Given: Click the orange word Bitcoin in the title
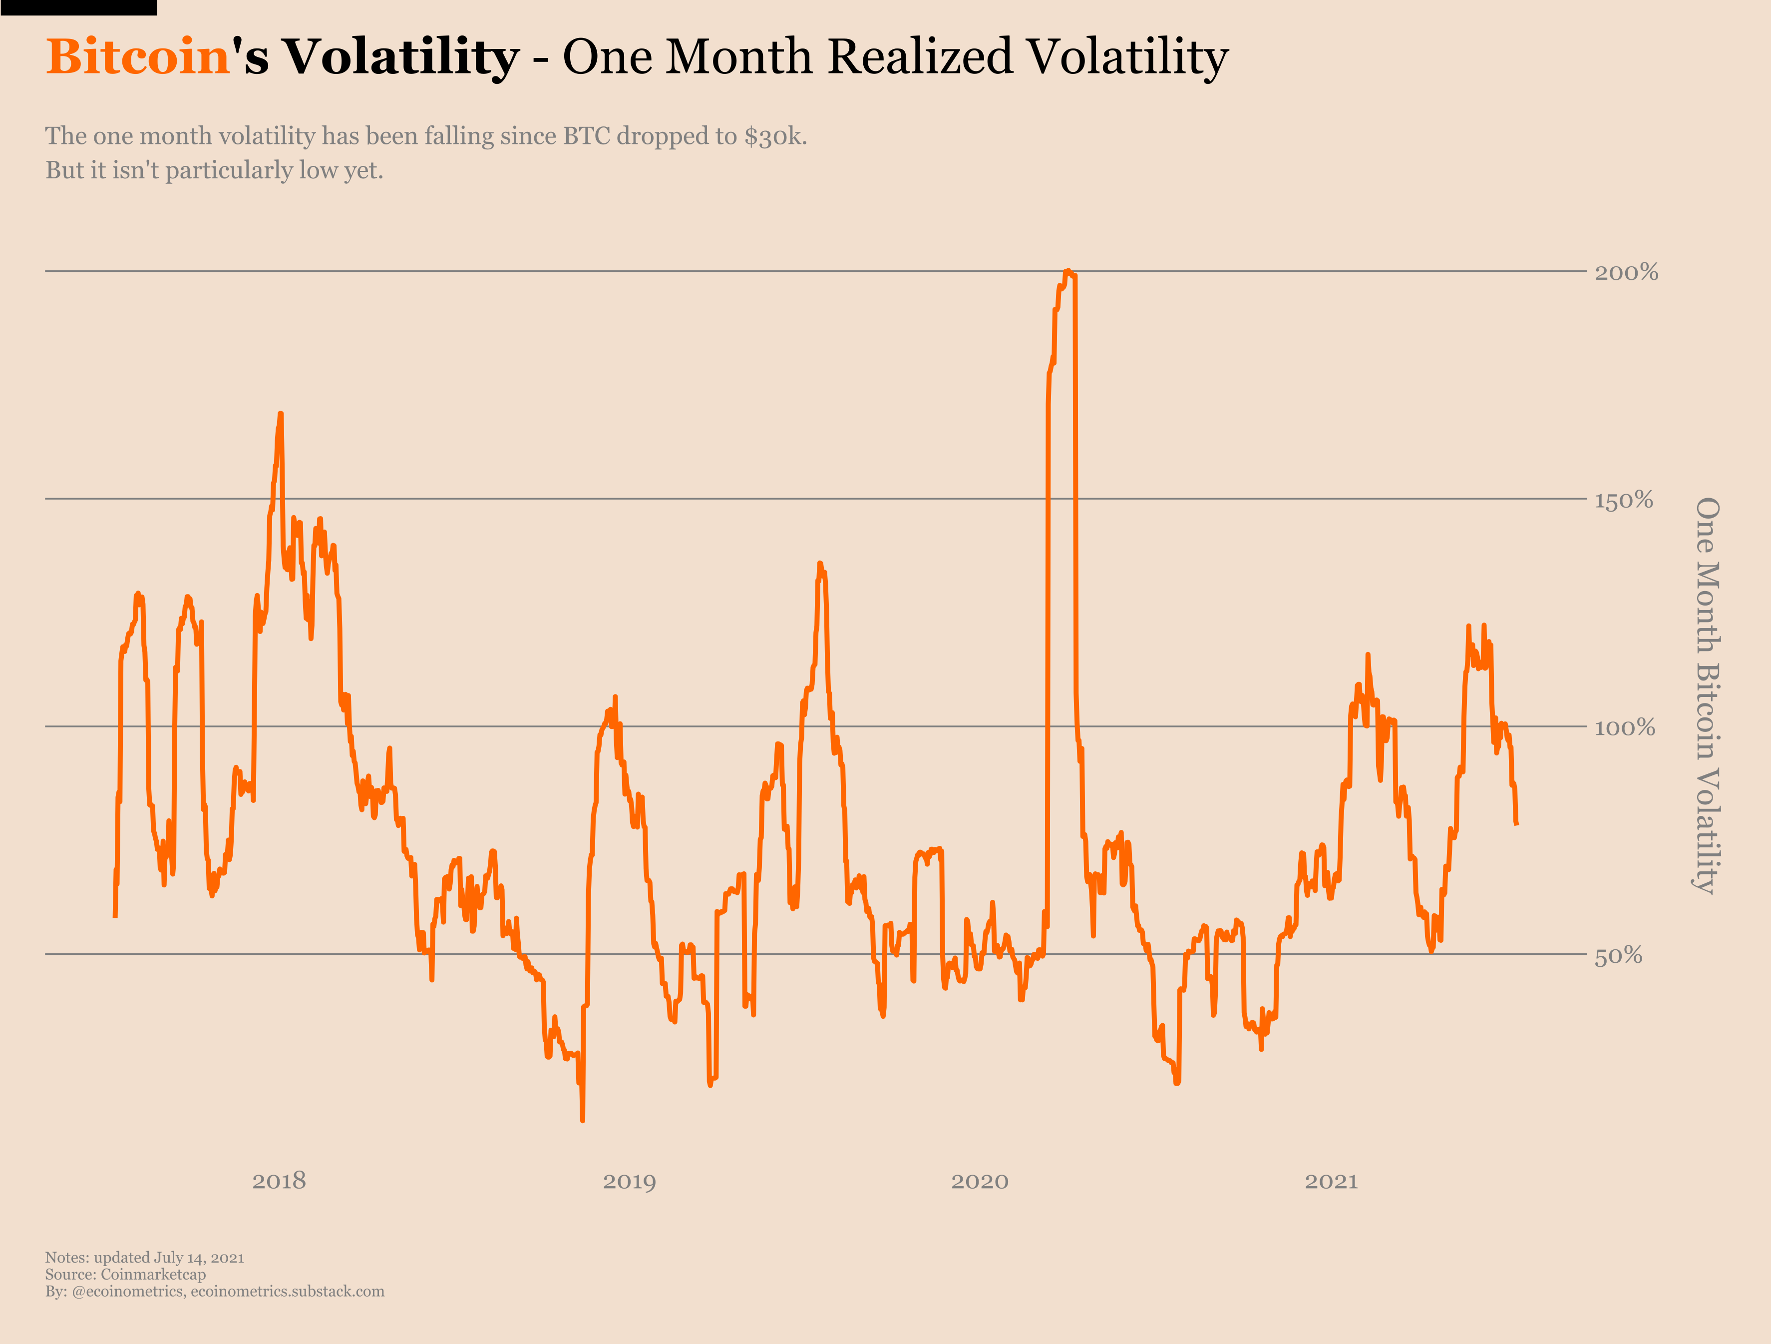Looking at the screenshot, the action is click(x=138, y=57).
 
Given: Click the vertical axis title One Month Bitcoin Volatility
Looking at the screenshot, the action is click(x=1707, y=695).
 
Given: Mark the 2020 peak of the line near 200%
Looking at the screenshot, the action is click(x=1067, y=271).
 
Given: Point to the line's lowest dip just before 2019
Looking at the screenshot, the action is click(x=582, y=1120).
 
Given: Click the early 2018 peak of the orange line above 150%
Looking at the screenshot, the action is click(x=280, y=414).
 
